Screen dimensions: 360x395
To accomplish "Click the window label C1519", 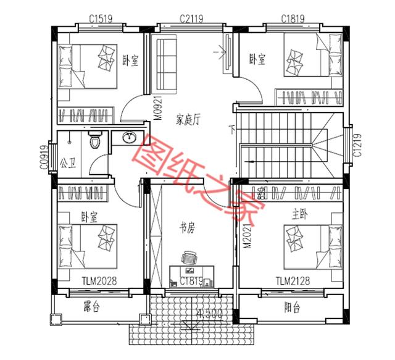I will click(x=100, y=19).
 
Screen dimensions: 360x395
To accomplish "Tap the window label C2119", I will click(x=191, y=19).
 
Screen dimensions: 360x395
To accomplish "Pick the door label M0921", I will click(x=158, y=106).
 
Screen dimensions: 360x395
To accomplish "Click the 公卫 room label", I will click(x=69, y=163).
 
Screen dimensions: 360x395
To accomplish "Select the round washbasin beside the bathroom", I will click(x=130, y=138).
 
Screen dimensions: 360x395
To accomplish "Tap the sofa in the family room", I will click(x=165, y=64).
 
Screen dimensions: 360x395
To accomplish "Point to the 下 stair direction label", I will click(x=232, y=130).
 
